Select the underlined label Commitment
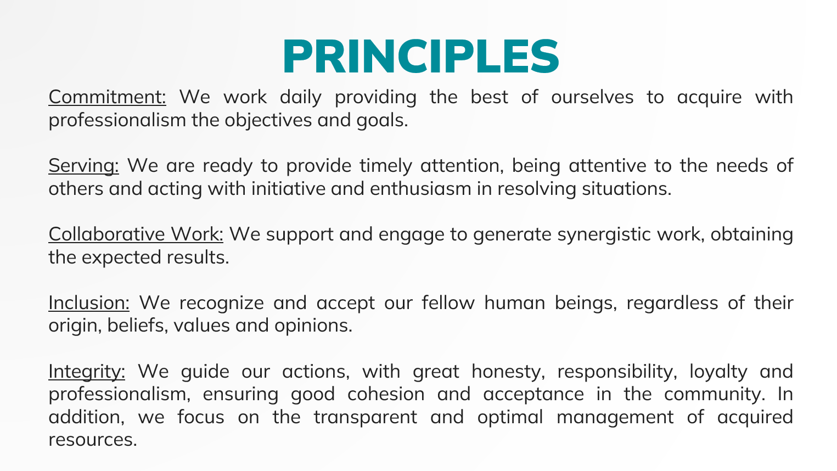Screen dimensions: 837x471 click(107, 97)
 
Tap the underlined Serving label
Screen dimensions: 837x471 click(83, 166)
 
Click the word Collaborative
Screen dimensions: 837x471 click(106, 234)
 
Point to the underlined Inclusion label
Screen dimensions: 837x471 click(89, 302)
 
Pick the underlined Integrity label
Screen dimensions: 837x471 click(87, 372)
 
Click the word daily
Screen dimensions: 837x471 click(300, 98)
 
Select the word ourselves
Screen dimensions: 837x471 click(592, 97)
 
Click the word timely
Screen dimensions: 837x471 click(386, 166)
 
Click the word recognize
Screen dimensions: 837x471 click(222, 303)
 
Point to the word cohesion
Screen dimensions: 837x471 click(386, 394)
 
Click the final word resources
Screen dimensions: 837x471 click(93, 440)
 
